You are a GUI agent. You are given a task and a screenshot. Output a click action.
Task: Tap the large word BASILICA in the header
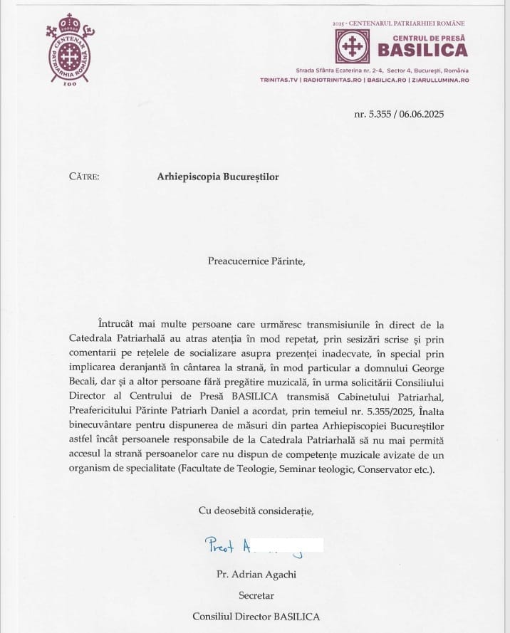click(422, 50)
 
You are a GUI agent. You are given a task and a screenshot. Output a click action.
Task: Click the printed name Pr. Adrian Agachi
click(254, 573)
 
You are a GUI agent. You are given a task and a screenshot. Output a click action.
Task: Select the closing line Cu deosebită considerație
click(256, 510)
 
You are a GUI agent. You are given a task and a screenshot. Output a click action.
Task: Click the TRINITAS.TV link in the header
click(279, 80)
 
